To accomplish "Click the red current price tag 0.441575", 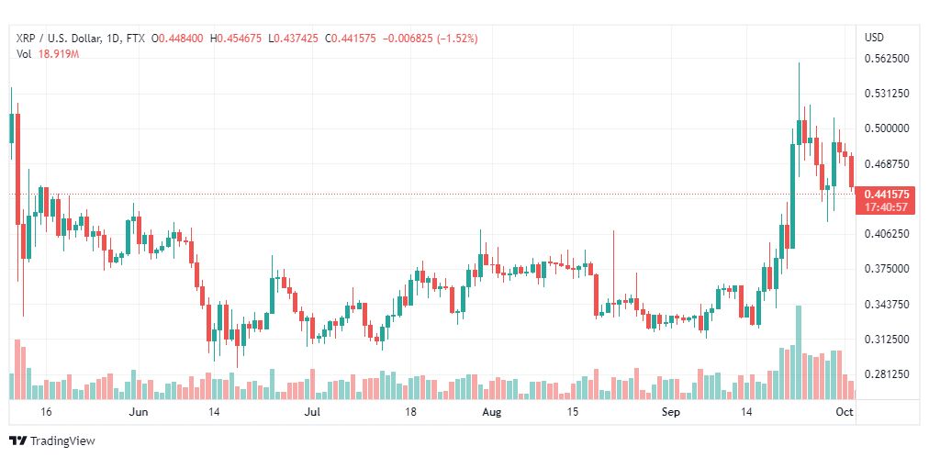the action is (885, 195).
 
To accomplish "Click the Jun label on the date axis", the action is (138, 412).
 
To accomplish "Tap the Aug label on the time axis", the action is (492, 412).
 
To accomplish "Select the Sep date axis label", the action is (671, 412).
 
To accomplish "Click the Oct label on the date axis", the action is (845, 412).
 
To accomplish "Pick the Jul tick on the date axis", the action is (312, 412).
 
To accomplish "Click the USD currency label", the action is (874, 38).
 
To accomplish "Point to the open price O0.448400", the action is (177, 39).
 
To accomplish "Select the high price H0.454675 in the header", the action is (237, 39).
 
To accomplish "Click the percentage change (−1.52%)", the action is (457, 39).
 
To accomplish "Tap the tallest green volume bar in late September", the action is (799, 352).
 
